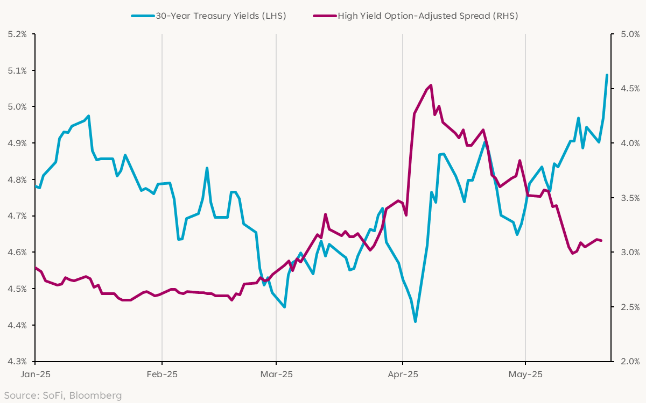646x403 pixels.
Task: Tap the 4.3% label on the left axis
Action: (17, 362)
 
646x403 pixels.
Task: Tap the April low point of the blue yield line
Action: (415, 321)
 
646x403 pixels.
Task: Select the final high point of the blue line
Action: (607, 75)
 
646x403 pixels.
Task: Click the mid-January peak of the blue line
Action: (88, 116)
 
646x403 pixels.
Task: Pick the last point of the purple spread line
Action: (601, 241)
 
